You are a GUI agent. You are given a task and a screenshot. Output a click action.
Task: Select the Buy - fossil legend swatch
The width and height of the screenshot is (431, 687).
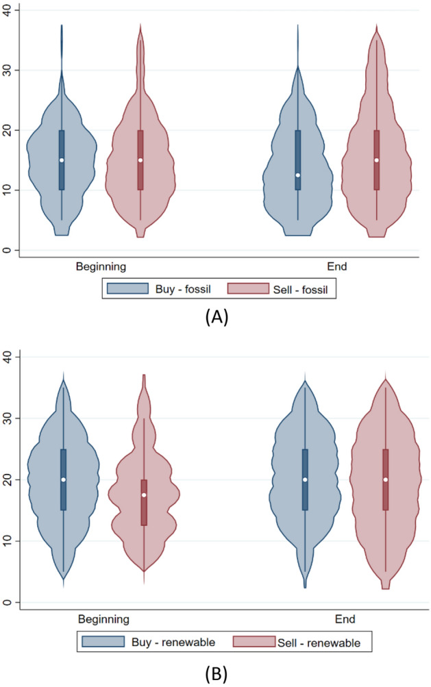(129, 288)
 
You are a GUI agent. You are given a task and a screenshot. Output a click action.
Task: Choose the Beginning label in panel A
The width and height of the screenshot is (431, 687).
(101, 266)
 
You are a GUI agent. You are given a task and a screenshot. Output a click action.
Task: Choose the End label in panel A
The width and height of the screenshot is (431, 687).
(338, 266)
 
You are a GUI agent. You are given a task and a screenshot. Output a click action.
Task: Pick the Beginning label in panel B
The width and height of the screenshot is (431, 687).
(103, 619)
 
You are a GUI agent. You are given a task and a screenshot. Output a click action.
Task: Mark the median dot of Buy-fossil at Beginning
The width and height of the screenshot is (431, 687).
(62, 160)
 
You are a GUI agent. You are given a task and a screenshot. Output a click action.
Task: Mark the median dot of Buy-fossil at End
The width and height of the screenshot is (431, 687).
(298, 175)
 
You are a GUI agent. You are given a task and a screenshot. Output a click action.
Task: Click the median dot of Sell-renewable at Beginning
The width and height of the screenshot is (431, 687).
(144, 495)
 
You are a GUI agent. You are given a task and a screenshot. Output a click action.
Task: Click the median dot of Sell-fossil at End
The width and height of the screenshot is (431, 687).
(376, 160)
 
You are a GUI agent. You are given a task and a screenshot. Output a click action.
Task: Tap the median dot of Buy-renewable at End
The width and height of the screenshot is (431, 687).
(305, 479)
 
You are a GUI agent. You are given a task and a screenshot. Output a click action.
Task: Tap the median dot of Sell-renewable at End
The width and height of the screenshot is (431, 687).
(386, 479)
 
